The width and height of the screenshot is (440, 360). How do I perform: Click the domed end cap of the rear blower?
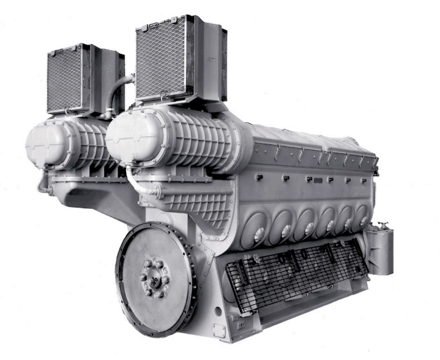[x=39, y=143]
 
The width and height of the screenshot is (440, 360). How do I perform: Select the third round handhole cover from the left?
[x=309, y=222]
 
